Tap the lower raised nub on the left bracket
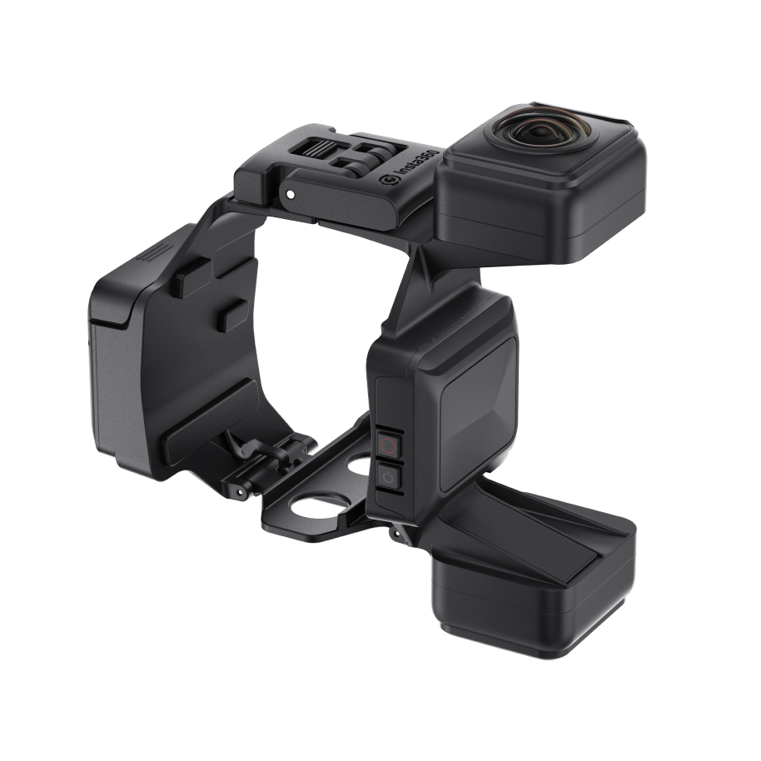pos(233,316)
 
